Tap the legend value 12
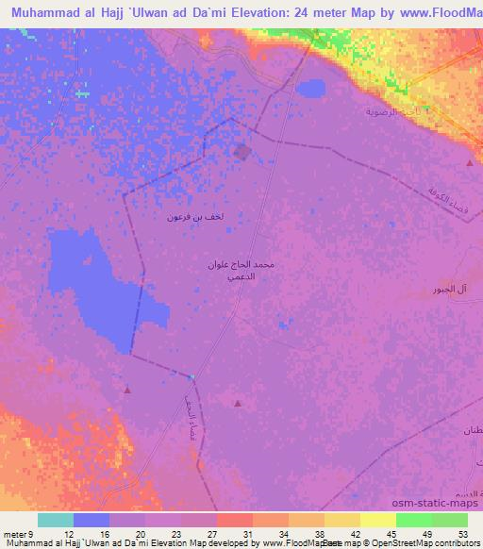point(68,533)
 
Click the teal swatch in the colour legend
point(56,520)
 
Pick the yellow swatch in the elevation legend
point(378,520)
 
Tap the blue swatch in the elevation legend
point(92,520)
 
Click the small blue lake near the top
point(308,89)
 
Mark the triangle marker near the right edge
point(470,163)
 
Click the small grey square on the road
point(243,152)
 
